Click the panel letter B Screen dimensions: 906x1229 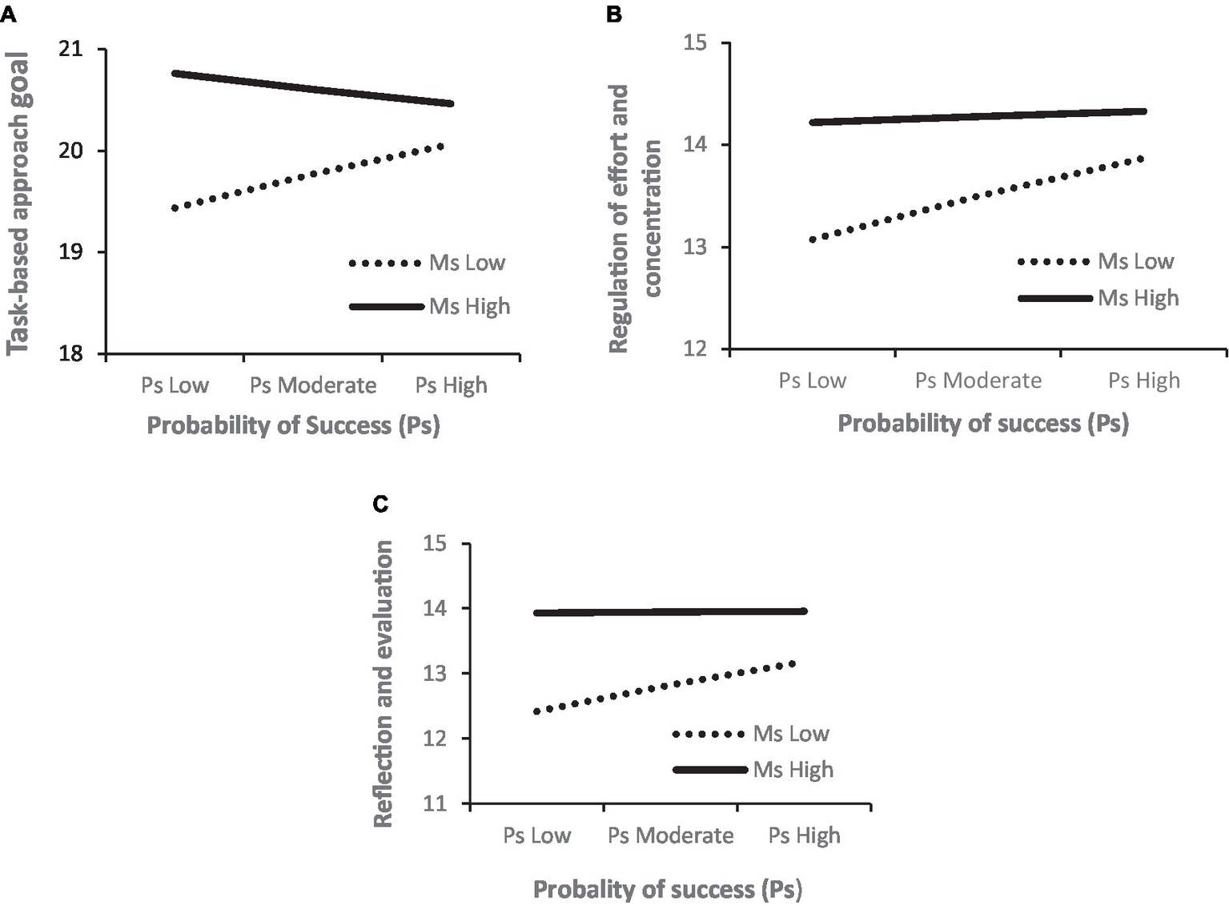[x=614, y=14]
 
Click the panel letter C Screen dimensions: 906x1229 [x=380, y=504]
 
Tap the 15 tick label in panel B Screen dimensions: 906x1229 [x=695, y=42]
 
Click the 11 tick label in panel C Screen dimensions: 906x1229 [x=435, y=803]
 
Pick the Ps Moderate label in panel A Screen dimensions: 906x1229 [x=313, y=385]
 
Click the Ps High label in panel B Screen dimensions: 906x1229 [x=1143, y=381]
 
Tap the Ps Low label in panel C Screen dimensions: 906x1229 [x=536, y=836]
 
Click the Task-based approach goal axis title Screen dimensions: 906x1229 [x=18, y=203]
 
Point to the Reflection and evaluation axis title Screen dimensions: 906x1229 [x=384, y=683]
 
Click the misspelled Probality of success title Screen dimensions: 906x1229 [x=667, y=889]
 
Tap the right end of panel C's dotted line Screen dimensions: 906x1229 [x=793, y=663]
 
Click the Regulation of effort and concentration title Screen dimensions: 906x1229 [x=636, y=218]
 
